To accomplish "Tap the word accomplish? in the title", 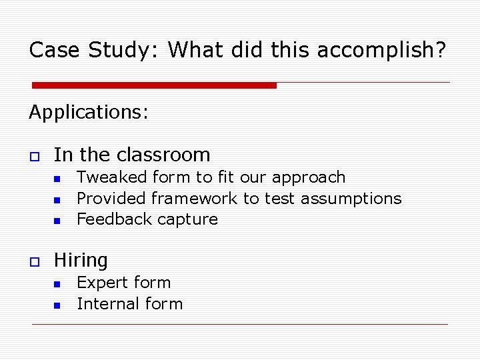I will point(387,50).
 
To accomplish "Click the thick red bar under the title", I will point(154,85).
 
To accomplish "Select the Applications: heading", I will point(89,112).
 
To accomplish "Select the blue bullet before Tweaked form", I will point(57,179).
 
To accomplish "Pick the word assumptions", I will point(351,199).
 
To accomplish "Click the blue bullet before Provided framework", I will point(57,200).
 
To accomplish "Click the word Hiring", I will point(81,260).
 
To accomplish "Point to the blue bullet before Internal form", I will point(57,305).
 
